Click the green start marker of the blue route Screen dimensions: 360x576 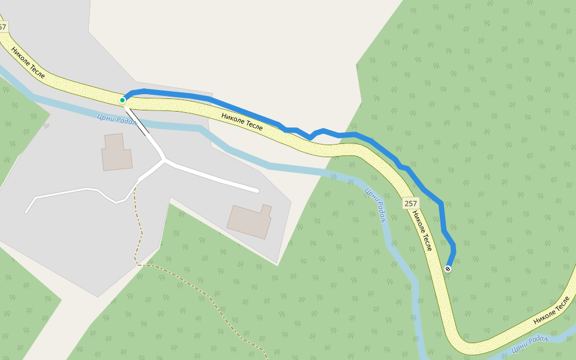click(122, 100)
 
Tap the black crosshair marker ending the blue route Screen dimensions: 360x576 click(448, 268)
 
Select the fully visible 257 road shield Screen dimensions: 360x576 click(410, 203)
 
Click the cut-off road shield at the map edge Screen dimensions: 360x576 click(3, 27)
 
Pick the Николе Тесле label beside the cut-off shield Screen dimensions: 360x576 click(28, 63)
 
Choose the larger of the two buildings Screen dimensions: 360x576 click(250, 221)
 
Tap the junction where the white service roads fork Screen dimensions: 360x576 click(164, 160)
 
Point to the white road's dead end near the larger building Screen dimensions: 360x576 click(257, 191)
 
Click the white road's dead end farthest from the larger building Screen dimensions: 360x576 click(26, 212)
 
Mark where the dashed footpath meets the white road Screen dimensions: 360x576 click(136, 183)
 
